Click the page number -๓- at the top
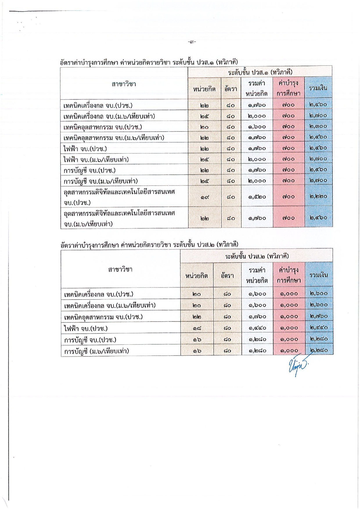point(192,42)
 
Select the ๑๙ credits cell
point(204,197)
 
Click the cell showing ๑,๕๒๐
point(257,197)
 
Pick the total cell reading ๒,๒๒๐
point(318,196)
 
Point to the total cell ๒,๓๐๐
point(318,126)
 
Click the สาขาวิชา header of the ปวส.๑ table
point(124,84)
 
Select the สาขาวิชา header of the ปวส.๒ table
point(120,269)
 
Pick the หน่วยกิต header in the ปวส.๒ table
point(197,275)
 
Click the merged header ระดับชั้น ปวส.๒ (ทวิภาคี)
point(257,256)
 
